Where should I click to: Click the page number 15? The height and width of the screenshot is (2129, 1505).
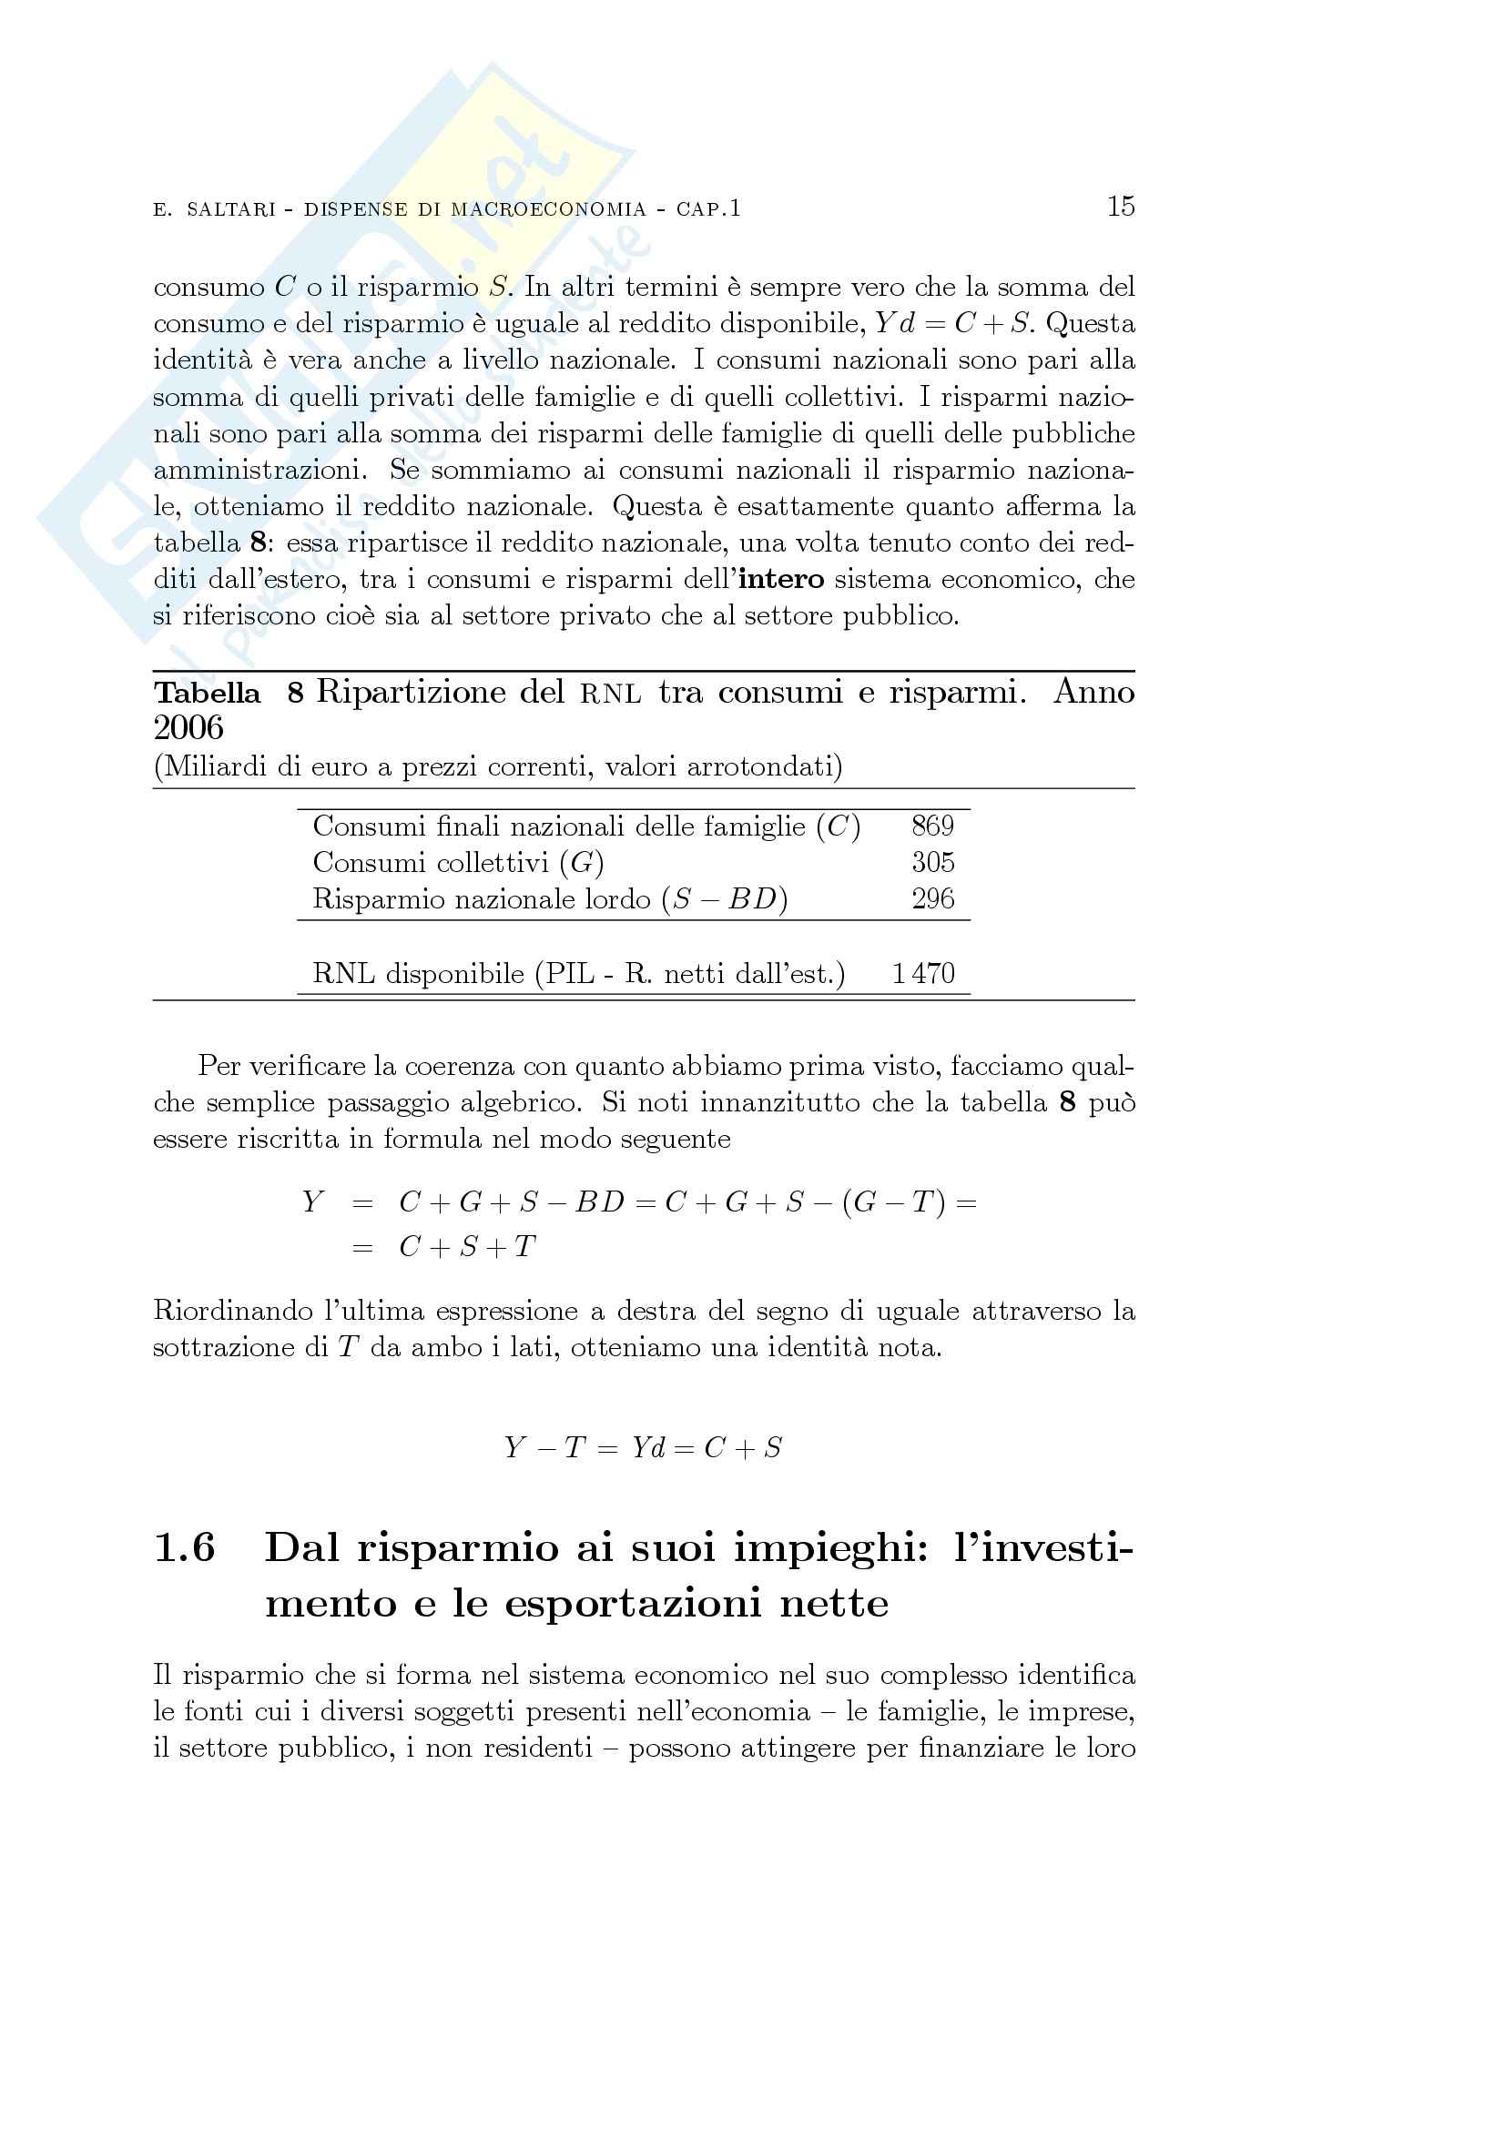pos(1120,206)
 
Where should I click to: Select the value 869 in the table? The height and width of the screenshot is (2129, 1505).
pos(932,826)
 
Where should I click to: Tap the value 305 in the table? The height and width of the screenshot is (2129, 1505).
pos(932,862)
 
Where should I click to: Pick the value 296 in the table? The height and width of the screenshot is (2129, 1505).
pos(932,898)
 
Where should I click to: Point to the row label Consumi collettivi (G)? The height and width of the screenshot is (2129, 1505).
pos(458,863)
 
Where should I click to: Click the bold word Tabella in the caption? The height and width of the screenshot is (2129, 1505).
pos(207,693)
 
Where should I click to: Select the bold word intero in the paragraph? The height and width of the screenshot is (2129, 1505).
pos(782,580)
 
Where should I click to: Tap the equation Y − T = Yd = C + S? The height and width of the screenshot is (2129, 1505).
pos(643,1447)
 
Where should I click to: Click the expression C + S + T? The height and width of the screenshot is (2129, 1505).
pos(467,1247)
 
